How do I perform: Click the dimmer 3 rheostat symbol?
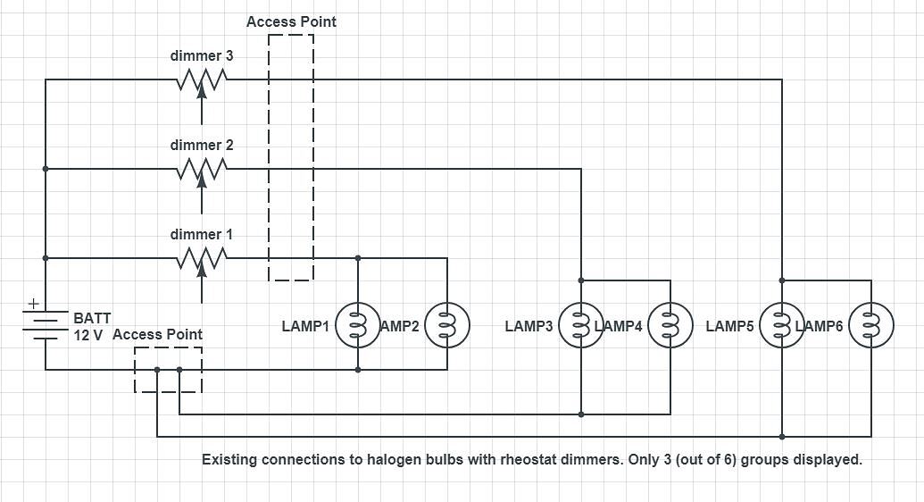(x=202, y=79)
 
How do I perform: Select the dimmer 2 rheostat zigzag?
(x=202, y=168)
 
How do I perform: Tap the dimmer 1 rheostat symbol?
(x=202, y=257)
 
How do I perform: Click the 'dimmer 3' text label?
(x=202, y=56)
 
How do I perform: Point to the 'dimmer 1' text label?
(x=202, y=235)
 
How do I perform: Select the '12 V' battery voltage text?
(x=88, y=335)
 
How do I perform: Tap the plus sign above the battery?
(x=33, y=304)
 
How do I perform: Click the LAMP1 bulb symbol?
(x=358, y=326)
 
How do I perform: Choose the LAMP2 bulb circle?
(x=447, y=326)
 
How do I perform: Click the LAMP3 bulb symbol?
(x=581, y=326)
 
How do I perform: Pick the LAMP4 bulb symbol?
(x=670, y=326)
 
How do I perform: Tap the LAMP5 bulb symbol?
(x=782, y=326)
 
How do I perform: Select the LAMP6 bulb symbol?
(x=871, y=326)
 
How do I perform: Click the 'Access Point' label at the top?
(x=291, y=21)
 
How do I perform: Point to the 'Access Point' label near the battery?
(x=157, y=334)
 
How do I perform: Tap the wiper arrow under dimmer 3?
(x=202, y=105)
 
